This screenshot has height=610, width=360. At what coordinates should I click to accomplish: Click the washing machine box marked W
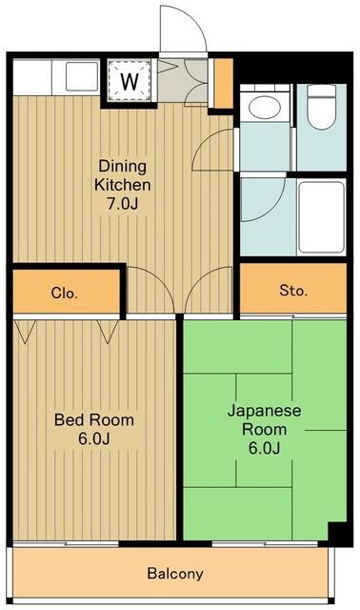point(128,80)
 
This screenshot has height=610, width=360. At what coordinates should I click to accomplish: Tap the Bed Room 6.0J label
point(93,429)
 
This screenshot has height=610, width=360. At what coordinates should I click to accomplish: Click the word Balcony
point(174,574)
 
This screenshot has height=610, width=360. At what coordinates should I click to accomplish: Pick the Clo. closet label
point(64,293)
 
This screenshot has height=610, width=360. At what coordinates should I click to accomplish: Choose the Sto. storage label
point(293,290)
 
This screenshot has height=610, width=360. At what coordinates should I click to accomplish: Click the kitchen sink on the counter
point(81,76)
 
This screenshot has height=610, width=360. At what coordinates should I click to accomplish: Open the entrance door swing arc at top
point(184,30)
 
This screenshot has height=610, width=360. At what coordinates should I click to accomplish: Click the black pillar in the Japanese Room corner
point(337,534)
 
